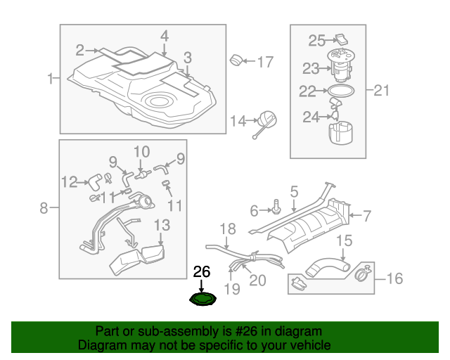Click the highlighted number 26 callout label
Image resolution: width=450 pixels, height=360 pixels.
[x=202, y=271]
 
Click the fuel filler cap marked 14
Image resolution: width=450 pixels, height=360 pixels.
[x=266, y=122]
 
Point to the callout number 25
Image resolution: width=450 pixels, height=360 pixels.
[x=316, y=41]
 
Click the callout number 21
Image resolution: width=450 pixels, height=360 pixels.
[x=381, y=89]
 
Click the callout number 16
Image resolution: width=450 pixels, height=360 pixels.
[x=394, y=279]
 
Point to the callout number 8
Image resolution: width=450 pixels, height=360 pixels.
[x=44, y=207]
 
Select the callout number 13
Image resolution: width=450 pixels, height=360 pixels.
[x=162, y=225]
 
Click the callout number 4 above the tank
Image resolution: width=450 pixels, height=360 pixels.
[x=164, y=35]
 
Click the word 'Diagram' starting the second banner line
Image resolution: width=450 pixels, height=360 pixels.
[x=99, y=346]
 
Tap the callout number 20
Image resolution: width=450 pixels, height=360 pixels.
[x=257, y=280]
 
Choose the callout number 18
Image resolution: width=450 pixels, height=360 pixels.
[x=227, y=229]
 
